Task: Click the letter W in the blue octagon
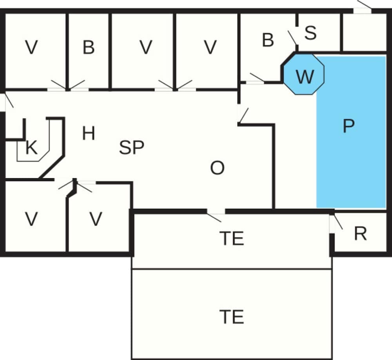305,77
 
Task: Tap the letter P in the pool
348,126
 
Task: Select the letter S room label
310,33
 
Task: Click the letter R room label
360,233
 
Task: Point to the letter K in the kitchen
31,148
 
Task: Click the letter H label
89,134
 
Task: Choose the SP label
132,148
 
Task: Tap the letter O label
217,168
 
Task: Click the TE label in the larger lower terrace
232,317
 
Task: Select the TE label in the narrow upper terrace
232,238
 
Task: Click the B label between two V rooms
89,47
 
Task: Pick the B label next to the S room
268,40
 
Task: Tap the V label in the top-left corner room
31,47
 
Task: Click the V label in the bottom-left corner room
31,219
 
